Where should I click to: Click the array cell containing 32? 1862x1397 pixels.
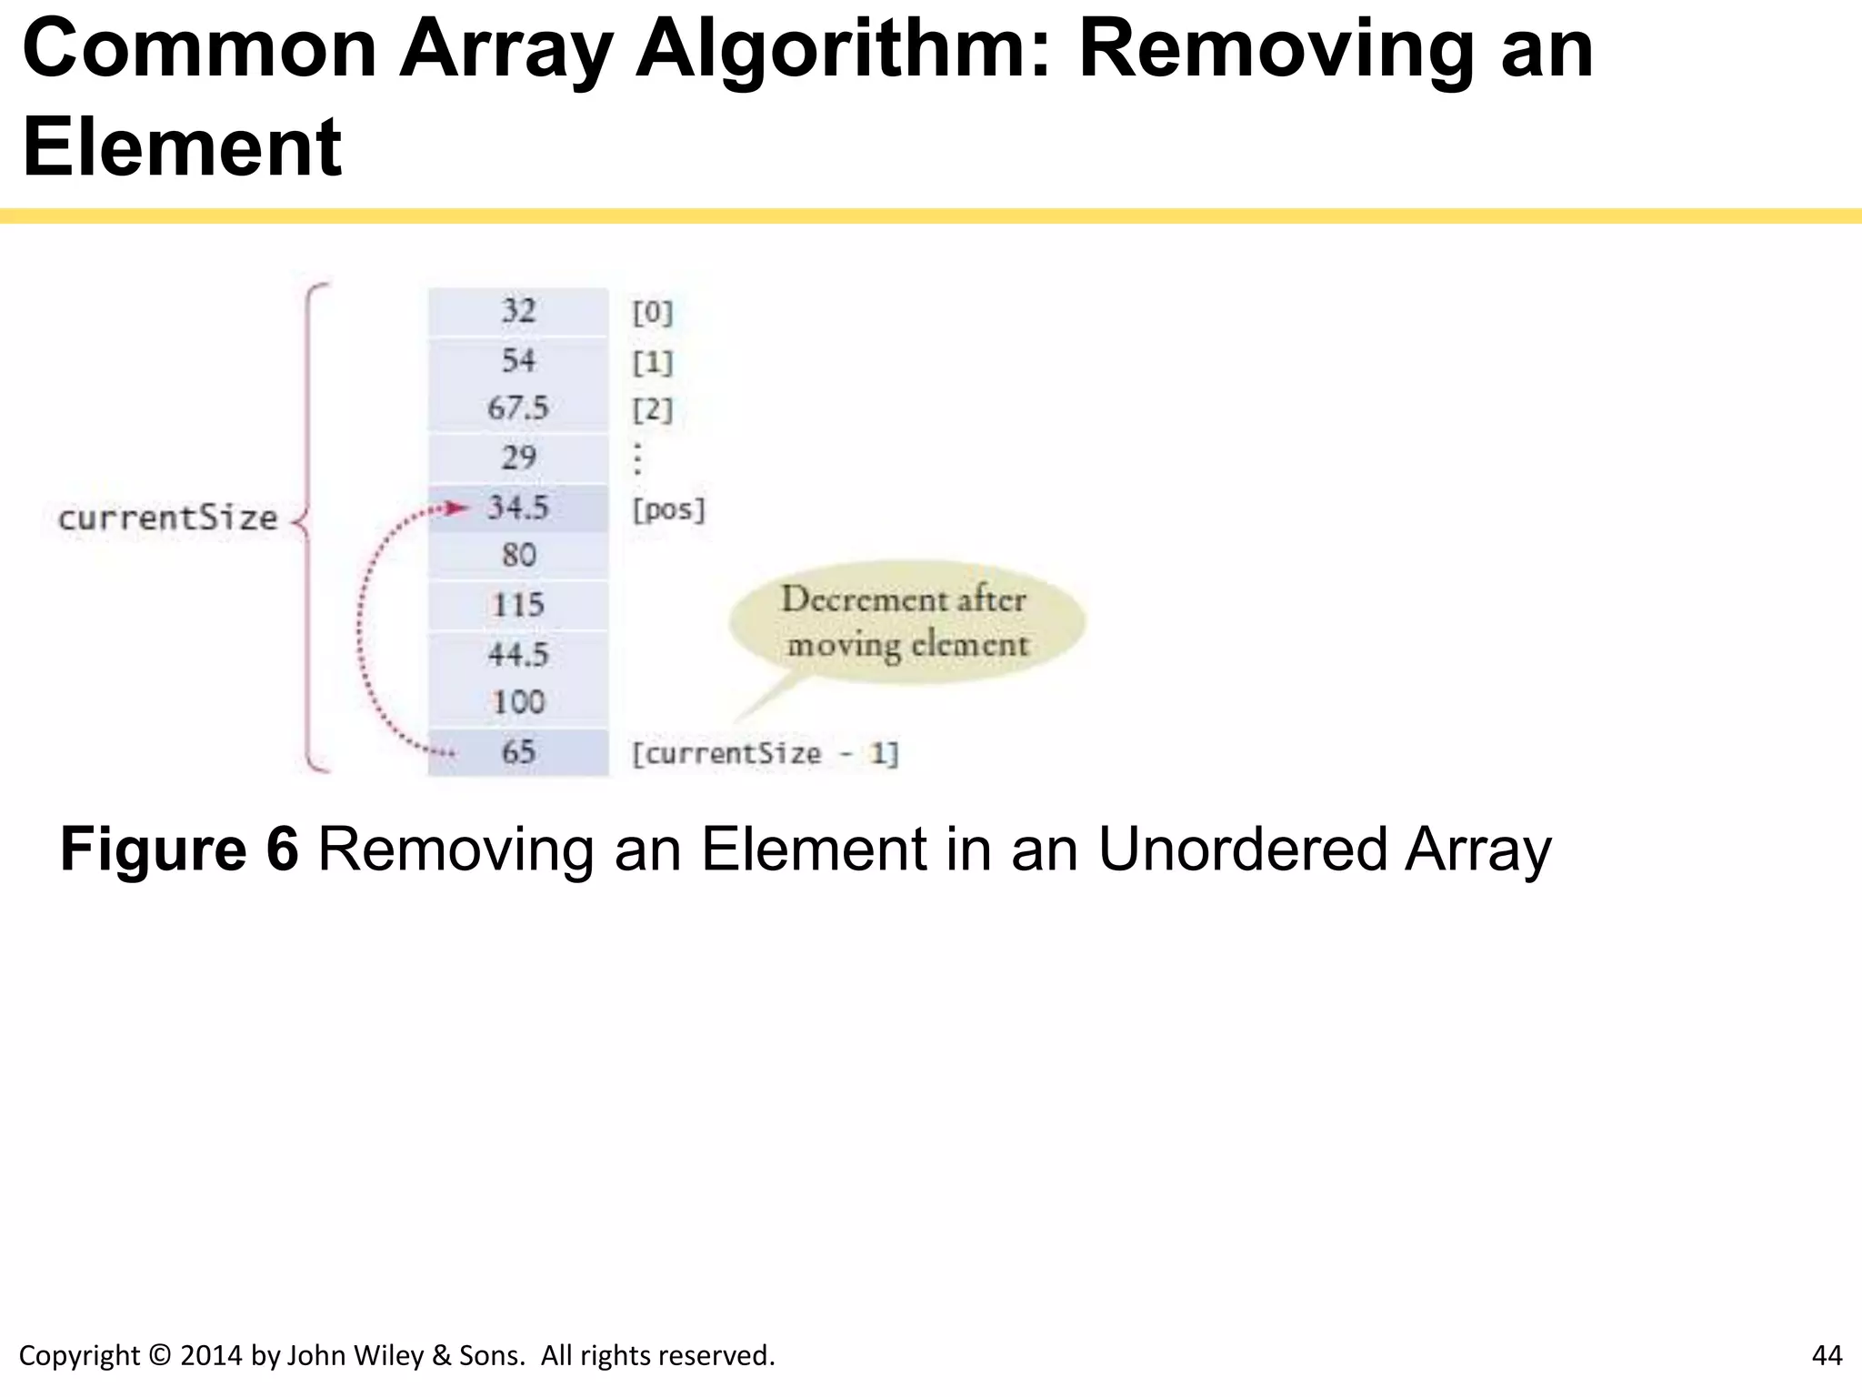(x=518, y=311)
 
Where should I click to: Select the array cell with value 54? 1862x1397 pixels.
(x=518, y=361)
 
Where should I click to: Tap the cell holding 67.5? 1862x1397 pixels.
(x=518, y=408)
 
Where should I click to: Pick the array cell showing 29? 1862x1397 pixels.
(x=518, y=457)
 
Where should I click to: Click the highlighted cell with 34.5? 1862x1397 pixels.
(x=518, y=508)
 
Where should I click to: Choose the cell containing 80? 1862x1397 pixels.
(x=518, y=556)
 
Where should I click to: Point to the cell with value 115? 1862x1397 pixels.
(x=518, y=605)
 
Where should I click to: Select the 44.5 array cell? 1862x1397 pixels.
(x=518, y=654)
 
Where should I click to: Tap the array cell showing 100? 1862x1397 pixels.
(x=518, y=703)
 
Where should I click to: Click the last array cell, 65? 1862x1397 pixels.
(x=518, y=752)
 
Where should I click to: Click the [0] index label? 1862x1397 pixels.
(x=653, y=313)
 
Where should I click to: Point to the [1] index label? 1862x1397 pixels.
(x=653, y=363)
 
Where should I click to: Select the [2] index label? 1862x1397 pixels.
(x=653, y=410)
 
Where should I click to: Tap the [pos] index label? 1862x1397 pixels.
(x=668, y=509)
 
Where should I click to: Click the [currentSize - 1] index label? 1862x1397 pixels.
(x=765, y=754)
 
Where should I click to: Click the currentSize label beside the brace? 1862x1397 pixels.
(x=167, y=518)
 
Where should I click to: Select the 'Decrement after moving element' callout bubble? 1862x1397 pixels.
(x=906, y=622)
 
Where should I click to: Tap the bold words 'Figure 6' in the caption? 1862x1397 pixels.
(x=179, y=849)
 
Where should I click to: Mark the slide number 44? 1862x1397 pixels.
(x=1827, y=1355)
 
